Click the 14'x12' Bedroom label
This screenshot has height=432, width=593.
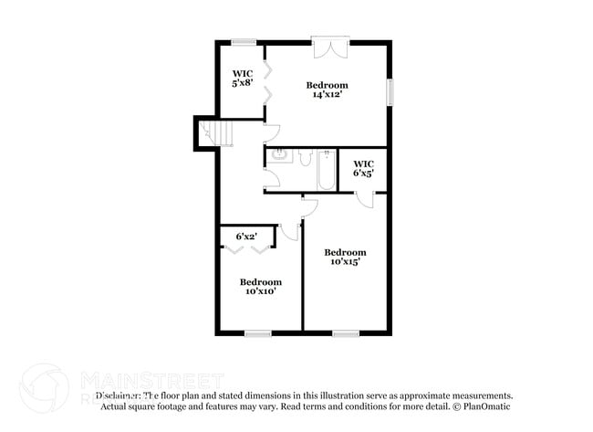pos(326,90)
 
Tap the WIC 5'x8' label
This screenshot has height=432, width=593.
pos(242,79)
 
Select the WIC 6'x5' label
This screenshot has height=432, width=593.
pos(363,169)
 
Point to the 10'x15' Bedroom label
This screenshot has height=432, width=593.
pos(345,257)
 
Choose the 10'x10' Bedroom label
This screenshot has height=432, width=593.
pos(260,287)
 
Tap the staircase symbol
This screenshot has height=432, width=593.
pos(218,134)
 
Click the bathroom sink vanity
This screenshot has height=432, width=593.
pos(278,155)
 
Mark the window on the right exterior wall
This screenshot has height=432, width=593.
pos(390,92)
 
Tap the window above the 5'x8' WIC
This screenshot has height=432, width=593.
pos(243,41)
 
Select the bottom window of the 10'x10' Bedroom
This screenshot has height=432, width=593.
pos(258,333)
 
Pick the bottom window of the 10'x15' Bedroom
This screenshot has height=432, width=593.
pos(345,333)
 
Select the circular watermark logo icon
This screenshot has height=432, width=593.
pos(44,388)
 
